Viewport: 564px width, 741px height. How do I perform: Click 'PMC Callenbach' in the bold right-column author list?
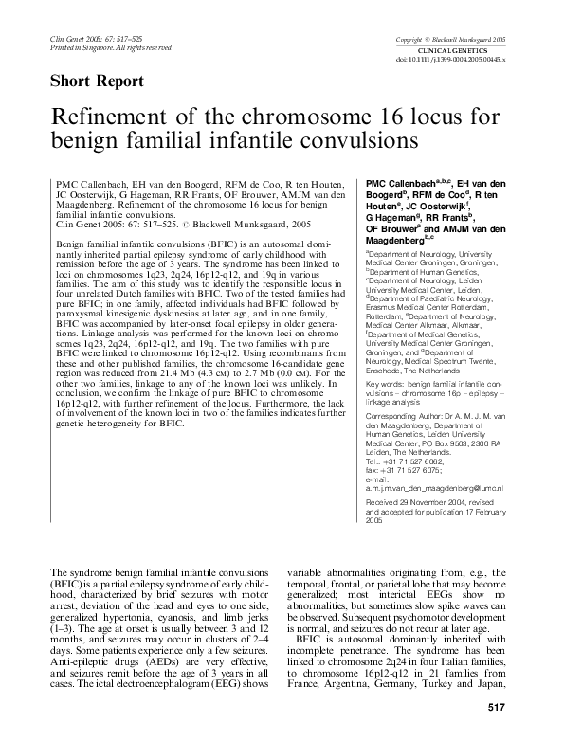(402, 180)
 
